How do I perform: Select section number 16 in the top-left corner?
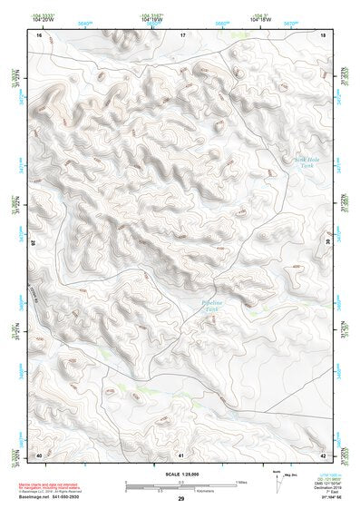point(39,34)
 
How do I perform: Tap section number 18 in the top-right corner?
point(324,34)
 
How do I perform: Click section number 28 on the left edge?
point(34,243)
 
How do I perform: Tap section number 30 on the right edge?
point(328,243)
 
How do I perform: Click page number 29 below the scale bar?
point(180,500)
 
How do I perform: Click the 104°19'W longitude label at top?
point(151,19)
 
